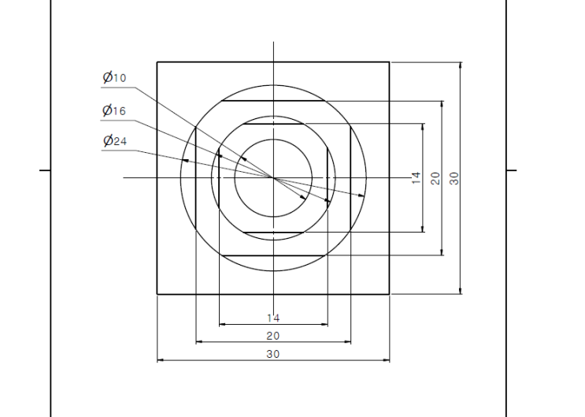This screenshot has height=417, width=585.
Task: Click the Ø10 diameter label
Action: point(114,77)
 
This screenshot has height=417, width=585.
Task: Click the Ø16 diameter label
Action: point(114,110)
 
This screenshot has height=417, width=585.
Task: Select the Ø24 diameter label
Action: point(115,140)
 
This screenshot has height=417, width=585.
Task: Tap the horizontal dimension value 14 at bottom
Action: point(273,318)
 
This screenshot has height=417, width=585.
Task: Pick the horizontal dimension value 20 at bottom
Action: point(273,336)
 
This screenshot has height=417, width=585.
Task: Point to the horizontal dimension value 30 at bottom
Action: point(273,354)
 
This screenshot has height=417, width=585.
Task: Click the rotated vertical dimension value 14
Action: point(416,178)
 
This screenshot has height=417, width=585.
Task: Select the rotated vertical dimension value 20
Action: point(435,178)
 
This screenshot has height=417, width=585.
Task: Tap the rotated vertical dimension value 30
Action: point(454,178)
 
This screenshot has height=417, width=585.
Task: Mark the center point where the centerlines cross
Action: point(273,178)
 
